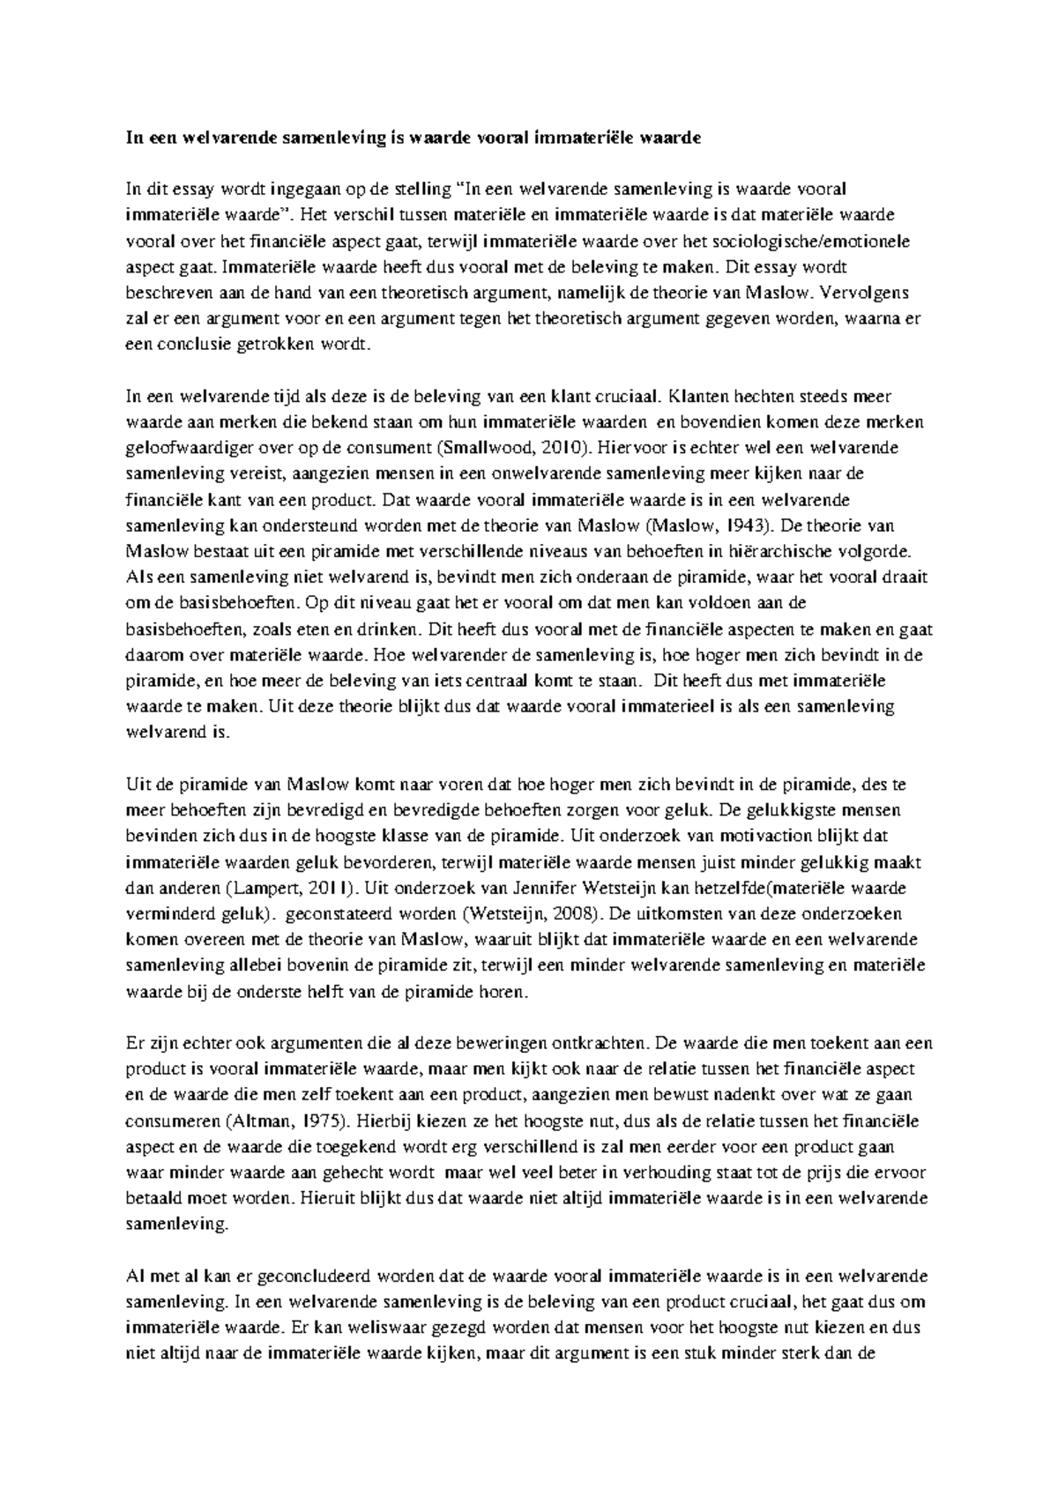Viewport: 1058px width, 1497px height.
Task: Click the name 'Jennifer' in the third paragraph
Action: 555,888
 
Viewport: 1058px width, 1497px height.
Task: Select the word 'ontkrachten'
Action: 600,1044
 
